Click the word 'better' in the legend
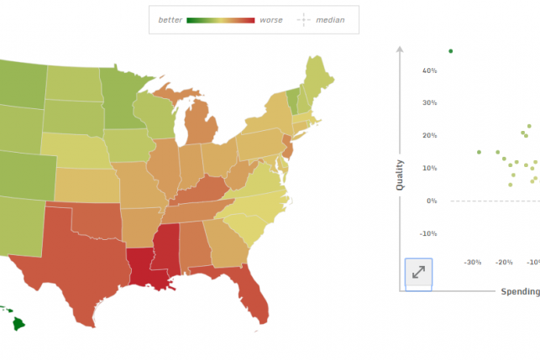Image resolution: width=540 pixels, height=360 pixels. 170,19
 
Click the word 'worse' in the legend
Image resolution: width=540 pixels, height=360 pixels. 271,19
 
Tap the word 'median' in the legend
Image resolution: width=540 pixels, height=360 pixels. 330,19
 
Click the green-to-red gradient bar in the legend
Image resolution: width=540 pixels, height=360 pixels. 220,19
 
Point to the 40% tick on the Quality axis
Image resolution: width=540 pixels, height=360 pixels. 429,70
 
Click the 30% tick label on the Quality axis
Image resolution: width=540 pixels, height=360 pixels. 429,103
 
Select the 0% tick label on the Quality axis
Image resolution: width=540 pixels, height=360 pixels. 432,201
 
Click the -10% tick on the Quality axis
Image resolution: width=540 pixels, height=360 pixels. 428,233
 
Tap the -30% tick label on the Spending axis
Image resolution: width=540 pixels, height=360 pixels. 473,263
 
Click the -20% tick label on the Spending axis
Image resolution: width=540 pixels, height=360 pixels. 504,263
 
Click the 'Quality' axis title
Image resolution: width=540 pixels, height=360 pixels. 400,175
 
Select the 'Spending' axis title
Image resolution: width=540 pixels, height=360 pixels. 520,291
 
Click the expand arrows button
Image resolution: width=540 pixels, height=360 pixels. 418,273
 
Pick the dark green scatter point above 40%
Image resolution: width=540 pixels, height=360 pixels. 450,51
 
